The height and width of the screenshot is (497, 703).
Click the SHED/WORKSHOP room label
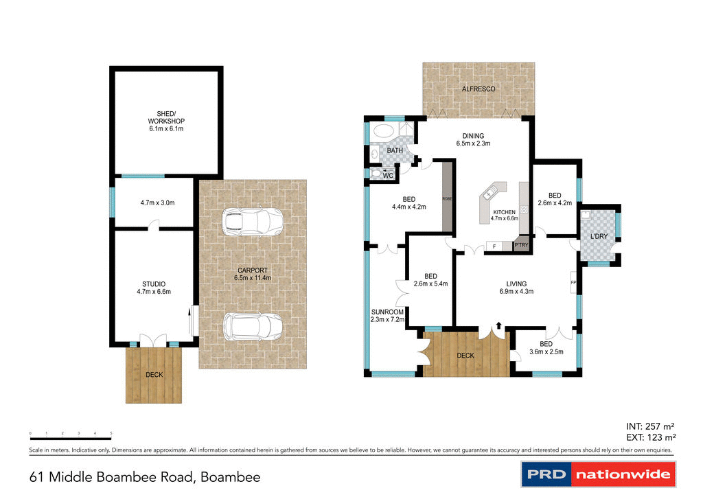pyautogui.click(x=166, y=121)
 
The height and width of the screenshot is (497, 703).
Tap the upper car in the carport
pyautogui.click(x=253, y=221)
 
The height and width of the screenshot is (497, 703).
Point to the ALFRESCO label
pyautogui.click(x=478, y=89)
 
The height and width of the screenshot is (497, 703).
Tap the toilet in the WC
pyautogui.click(x=376, y=174)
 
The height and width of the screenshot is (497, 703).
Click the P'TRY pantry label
pyautogui.click(x=521, y=245)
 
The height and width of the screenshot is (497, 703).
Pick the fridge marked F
pyautogui.click(x=494, y=246)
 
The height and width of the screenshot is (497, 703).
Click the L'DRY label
pyautogui.click(x=599, y=237)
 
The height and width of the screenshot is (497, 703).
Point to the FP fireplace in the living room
pyautogui.click(x=573, y=282)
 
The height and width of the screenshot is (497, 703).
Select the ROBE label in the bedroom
pyautogui.click(x=447, y=198)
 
